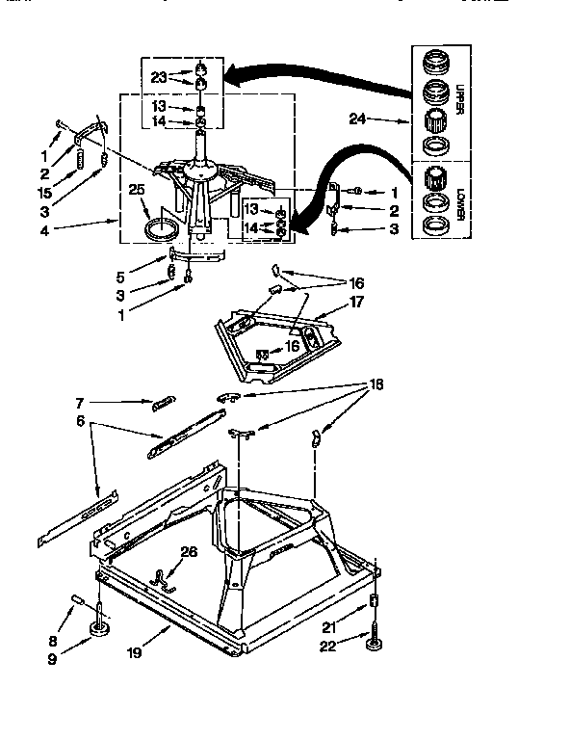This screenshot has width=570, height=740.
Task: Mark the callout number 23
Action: click(x=160, y=76)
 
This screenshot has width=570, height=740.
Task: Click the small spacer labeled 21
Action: click(x=373, y=604)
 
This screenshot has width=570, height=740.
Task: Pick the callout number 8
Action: click(x=54, y=641)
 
